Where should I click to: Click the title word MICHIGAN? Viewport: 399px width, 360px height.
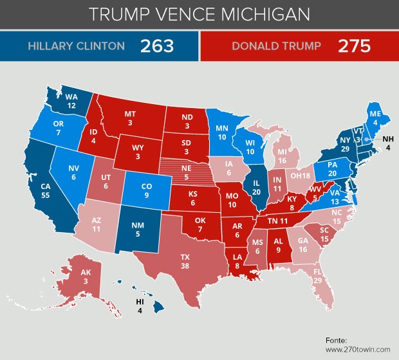click(x=266, y=14)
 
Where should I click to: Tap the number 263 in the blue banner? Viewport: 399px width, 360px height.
click(x=158, y=46)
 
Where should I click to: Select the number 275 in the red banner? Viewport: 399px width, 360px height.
click(x=355, y=46)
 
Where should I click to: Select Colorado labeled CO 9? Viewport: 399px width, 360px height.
click(x=147, y=188)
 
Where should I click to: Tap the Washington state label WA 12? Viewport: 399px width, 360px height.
click(x=71, y=101)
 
